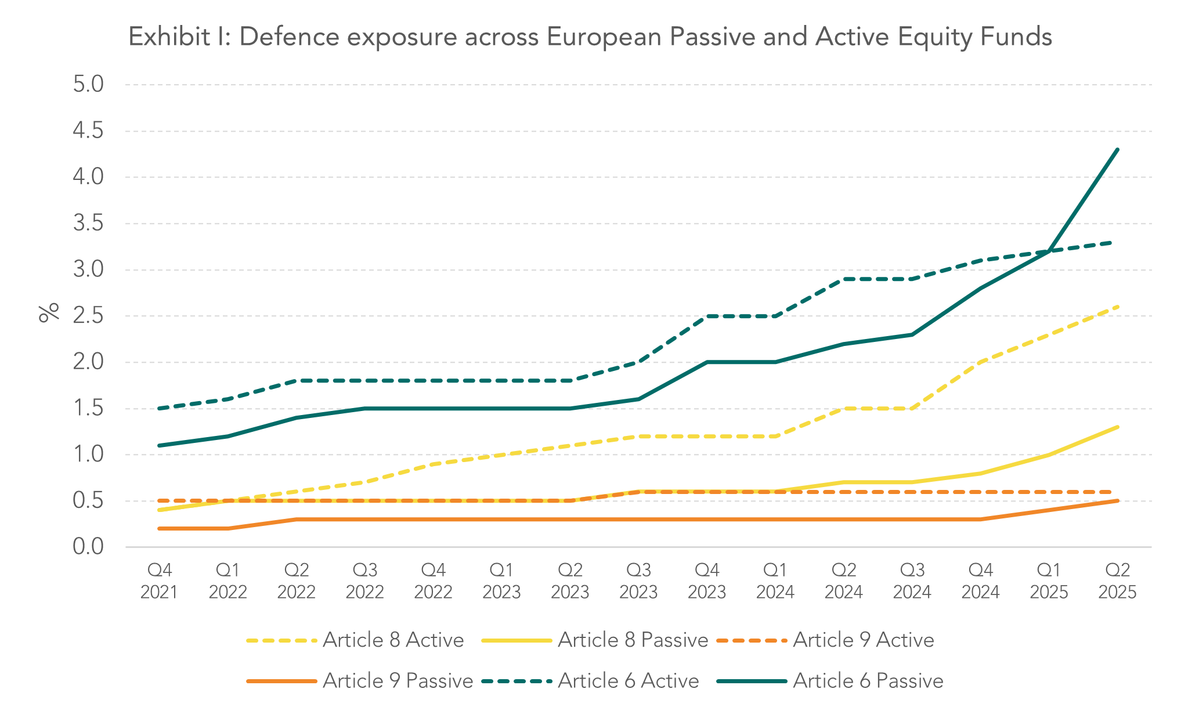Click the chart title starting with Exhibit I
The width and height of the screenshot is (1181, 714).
(590, 37)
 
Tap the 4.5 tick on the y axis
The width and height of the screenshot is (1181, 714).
(88, 131)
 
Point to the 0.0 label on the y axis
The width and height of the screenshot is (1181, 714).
(88, 546)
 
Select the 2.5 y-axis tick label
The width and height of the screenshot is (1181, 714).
(88, 316)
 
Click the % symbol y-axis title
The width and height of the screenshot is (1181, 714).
(49, 312)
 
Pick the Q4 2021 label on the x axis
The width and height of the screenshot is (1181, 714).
(159, 580)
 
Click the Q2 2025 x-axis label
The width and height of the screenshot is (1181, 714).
(1117, 580)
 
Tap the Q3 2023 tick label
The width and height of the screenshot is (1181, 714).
(638, 580)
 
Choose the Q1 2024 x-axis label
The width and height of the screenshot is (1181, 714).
(775, 580)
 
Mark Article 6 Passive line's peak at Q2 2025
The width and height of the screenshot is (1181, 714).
(1117, 150)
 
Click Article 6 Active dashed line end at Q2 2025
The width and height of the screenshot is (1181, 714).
(1111, 242)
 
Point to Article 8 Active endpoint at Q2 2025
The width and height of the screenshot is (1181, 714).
(1117, 306)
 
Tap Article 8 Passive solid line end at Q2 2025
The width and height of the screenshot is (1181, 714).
(1117, 427)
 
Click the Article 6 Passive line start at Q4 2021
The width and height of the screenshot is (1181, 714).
(159, 445)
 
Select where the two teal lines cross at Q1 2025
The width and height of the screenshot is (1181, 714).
(1049, 251)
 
